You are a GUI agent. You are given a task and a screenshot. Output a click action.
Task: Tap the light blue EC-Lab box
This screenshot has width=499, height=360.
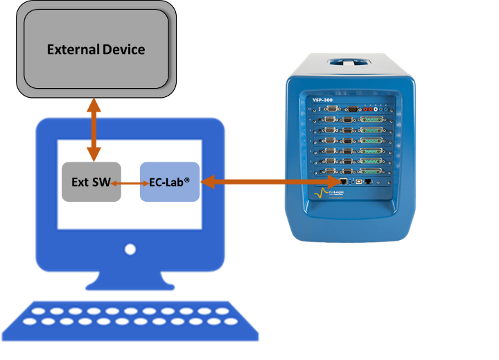point(169,182)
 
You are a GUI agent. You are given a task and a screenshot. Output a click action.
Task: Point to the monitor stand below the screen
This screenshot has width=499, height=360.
point(130,277)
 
